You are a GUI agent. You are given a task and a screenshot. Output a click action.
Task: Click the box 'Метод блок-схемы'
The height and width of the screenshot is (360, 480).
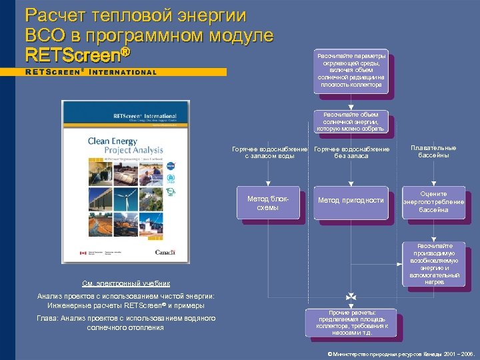[x=268, y=203]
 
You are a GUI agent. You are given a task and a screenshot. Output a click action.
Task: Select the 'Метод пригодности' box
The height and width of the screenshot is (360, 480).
[x=351, y=201]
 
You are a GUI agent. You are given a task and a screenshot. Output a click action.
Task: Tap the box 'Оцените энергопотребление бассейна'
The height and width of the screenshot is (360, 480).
[x=433, y=202]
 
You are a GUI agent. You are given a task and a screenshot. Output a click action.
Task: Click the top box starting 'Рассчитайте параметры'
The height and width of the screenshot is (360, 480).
[x=351, y=71]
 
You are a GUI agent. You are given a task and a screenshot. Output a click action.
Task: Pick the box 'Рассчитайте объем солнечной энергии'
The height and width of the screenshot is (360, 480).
[x=351, y=121]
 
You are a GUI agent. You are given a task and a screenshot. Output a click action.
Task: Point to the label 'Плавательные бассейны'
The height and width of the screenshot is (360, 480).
[x=433, y=151]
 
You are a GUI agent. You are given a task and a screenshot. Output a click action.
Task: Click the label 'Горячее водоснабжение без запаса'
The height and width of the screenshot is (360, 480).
[x=351, y=152]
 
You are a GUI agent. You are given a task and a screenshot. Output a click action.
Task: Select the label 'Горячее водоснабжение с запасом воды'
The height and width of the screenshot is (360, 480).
[x=269, y=152]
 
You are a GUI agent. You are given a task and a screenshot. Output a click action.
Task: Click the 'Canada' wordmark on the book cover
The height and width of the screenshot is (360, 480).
[x=165, y=253]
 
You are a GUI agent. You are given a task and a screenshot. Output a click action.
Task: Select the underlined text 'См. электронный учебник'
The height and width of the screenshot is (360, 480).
[x=126, y=283]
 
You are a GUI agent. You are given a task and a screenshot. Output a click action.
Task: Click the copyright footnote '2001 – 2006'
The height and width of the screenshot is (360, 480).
[x=457, y=353]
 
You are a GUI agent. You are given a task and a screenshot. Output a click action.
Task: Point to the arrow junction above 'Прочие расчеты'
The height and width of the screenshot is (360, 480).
[x=351, y=295]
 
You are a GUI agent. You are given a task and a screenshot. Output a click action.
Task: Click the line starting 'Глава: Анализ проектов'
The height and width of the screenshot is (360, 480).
[x=126, y=323]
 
